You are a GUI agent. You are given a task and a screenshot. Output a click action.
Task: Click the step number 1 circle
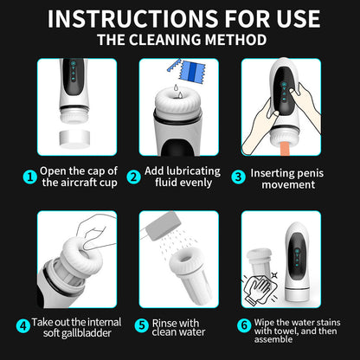point(29,177)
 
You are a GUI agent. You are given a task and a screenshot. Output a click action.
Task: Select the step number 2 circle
point(134,177)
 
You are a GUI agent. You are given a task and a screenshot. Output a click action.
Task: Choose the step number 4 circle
point(22,326)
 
